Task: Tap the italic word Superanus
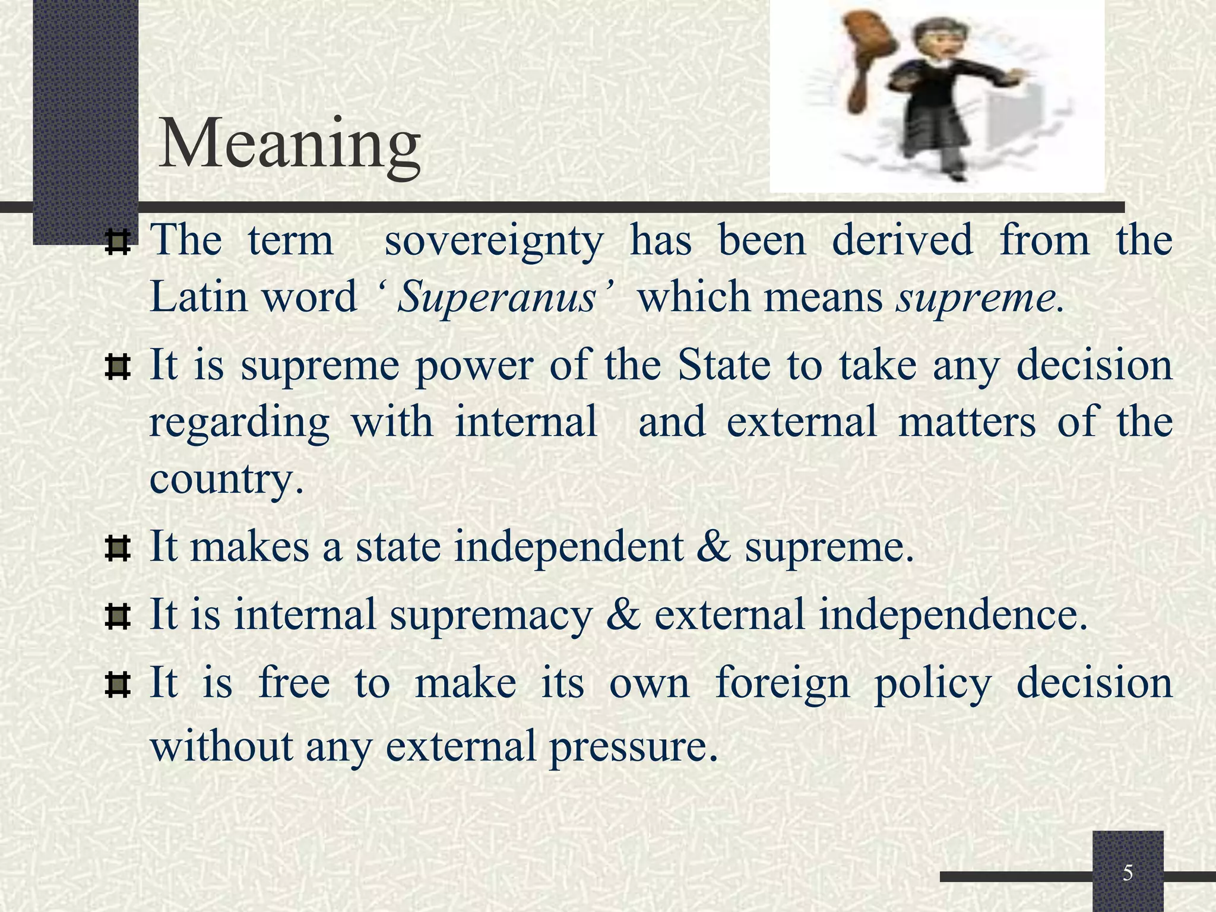pyautogui.click(x=496, y=297)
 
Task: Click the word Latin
pyautogui.click(x=198, y=297)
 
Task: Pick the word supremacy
pyautogui.click(x=492, y=614)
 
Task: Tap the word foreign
pyautogui.click(x=783, y=683)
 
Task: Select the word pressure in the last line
pyautogui.click(x=633, y=746)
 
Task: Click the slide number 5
pyautogui.click(x=1128, y=873)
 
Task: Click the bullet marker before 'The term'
pyautogui.click(x=117, y=243)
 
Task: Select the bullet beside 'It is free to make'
pyautogui.click(x=117, y=684)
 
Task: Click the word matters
pyautogui.click(x=967, y=422)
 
